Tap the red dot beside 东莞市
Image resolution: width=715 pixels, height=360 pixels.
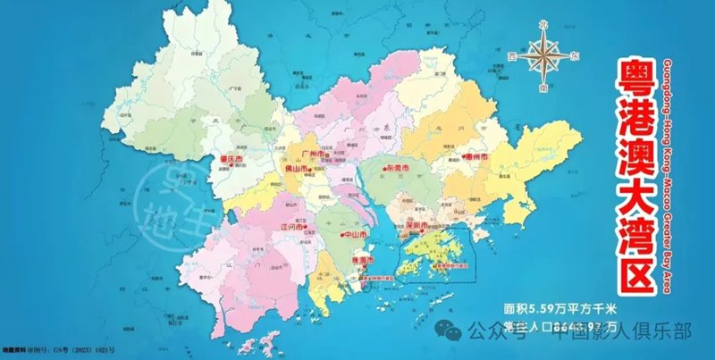383,168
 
